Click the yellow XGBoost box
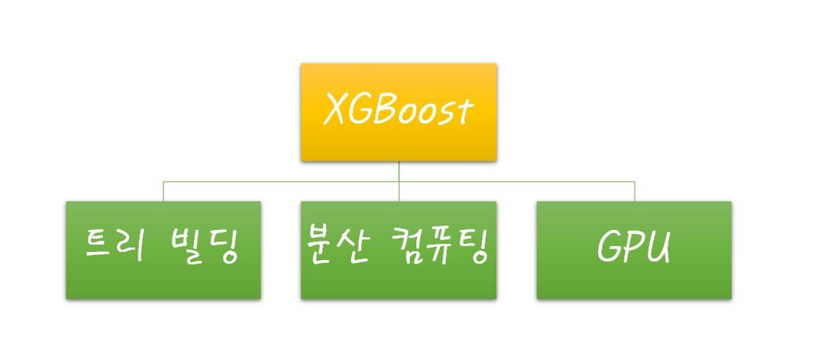pos(398,111)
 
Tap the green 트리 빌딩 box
pos(163,249)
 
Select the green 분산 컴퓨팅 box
pos(398,249)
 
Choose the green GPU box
pos(633,249)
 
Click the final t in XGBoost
pos(464,111)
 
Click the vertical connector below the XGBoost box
pos(398,171)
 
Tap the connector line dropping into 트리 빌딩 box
pos(163,192)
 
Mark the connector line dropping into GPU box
pos(634,192)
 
